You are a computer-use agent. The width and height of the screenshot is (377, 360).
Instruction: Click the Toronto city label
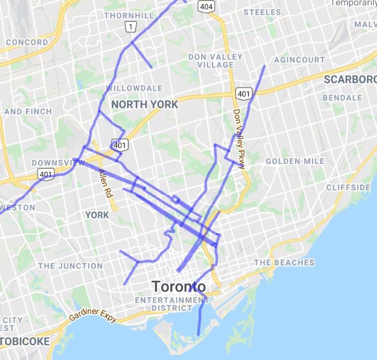pyautogui.click(x=179, y=286)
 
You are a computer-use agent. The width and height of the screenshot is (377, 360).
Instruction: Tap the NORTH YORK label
pyautogui.click(x=144, y=105)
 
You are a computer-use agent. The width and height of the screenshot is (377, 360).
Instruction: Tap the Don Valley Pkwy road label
pyautogui.click(x=238, y=139)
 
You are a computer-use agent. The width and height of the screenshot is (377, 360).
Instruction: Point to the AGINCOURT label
pyautogui.click(x=299, y=60)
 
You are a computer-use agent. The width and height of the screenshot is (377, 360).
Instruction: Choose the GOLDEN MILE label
pyautogui.click(x=295, y=161)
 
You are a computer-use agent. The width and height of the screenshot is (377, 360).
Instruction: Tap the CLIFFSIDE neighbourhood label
pyautogui.click(x=348, y=187)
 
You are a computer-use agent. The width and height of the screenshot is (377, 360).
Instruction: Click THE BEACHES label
pyautogui.click(x=284, y=263)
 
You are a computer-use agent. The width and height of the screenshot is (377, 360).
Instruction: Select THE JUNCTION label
pyautogui.click(x=70, y=265)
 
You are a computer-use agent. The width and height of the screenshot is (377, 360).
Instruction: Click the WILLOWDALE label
pyautogui.click(x=134, y=88)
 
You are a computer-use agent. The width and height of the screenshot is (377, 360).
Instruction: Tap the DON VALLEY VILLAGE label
pyautogui.click(x=215, y=61)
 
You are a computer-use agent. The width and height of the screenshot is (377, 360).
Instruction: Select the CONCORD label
pyautogui.click(x=27, y=42)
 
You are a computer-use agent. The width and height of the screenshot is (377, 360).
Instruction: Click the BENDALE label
pyautogui.click(x=342, y=98)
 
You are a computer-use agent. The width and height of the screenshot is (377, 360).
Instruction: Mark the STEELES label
pyautogui.click(x=262, y=12)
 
